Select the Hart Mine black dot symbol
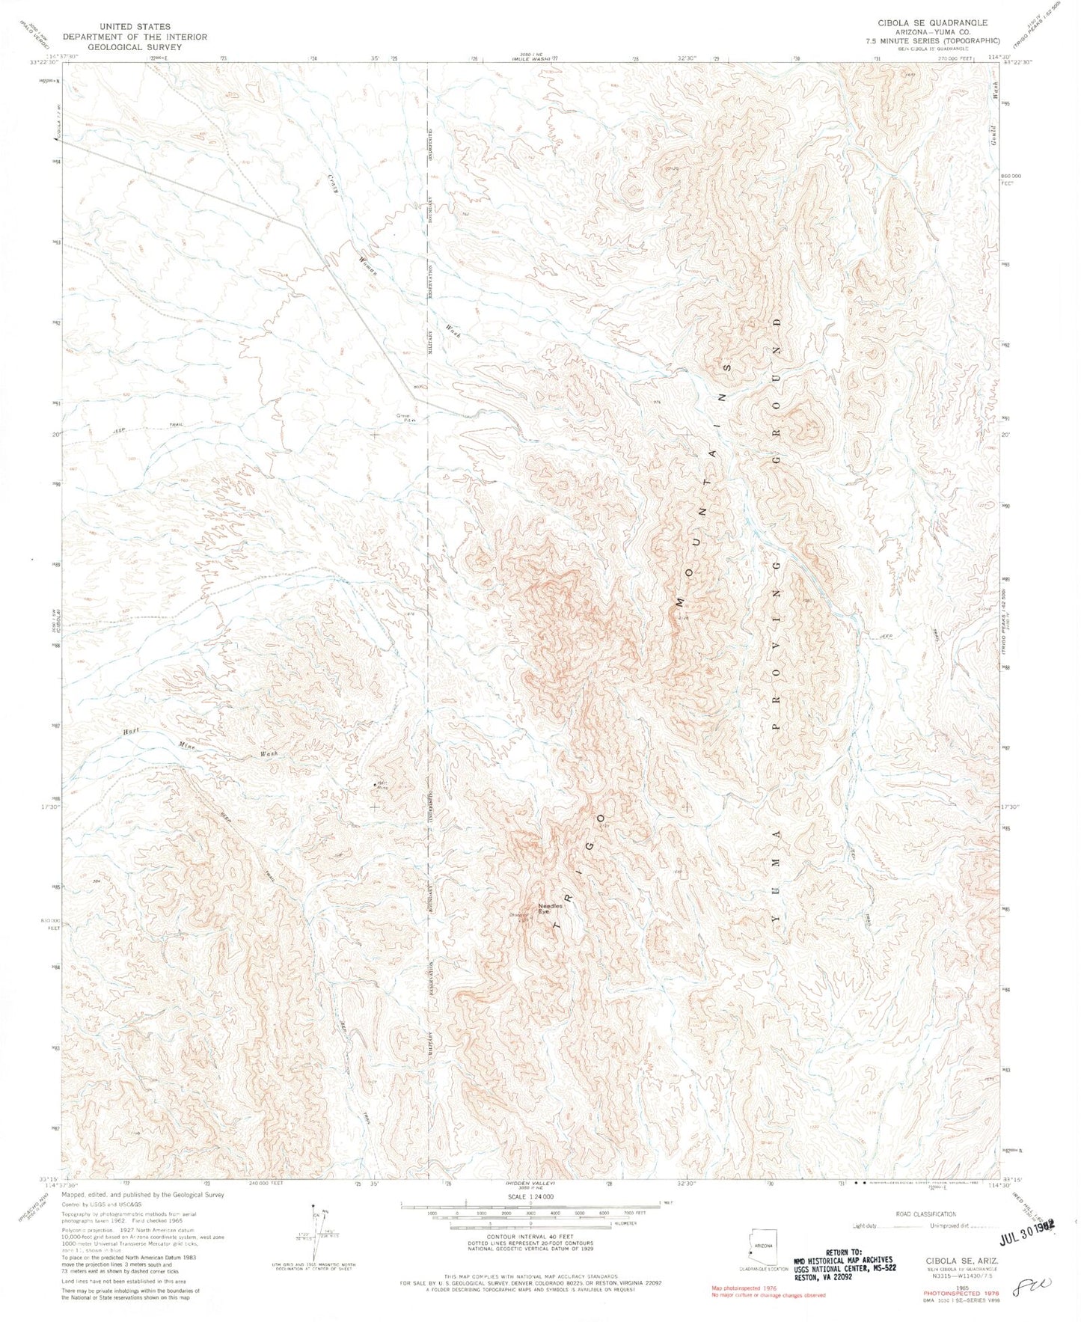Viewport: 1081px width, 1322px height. coord(375,784)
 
